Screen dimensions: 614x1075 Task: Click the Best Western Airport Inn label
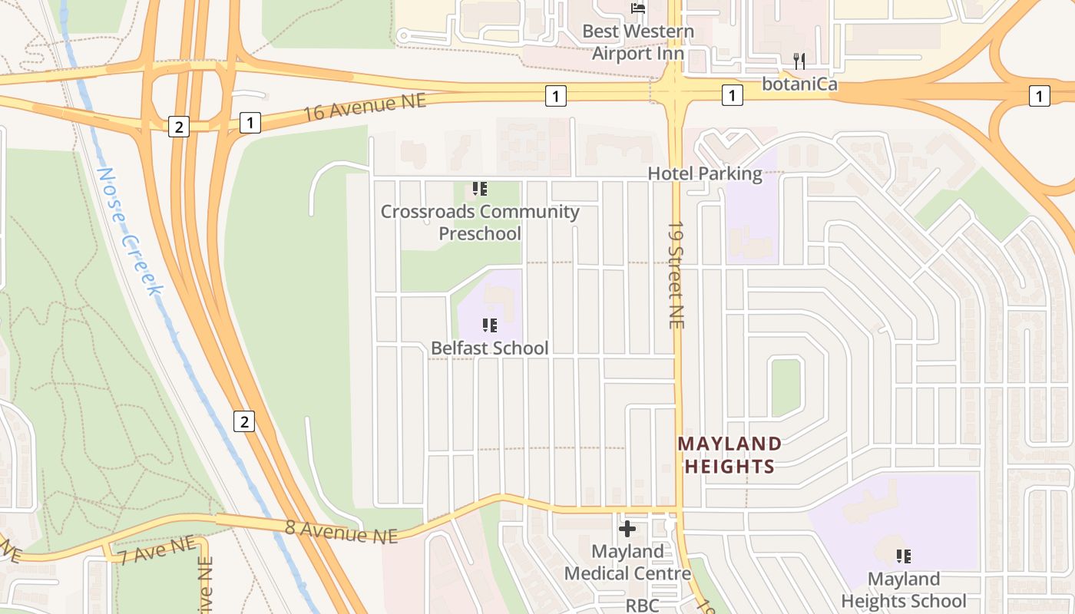(637, 42)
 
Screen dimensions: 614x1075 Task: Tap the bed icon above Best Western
(637, 8)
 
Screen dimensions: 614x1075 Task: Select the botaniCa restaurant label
(799, 84)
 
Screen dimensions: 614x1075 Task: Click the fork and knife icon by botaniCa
(799, 61)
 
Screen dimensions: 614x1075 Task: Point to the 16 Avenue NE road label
(365, 107)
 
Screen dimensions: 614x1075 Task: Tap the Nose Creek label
(131, 230)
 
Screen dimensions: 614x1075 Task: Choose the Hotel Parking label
(705, 173)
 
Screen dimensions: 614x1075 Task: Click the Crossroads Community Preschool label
(480, 222)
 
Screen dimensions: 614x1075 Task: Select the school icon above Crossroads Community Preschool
(480, 189)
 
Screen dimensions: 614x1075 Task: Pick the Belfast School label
(489, 348)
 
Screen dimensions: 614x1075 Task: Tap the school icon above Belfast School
(489, 325)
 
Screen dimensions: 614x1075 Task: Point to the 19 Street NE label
(676, 275)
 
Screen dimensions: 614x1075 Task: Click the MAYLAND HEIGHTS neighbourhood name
(729, 454)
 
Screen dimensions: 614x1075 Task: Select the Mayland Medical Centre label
(627, 563)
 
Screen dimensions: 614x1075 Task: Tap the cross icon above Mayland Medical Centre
(627, 529)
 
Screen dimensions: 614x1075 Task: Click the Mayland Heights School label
(904, 589)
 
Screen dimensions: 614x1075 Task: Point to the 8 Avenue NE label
(342, 531)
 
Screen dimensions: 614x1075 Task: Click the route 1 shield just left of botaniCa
(732, 95)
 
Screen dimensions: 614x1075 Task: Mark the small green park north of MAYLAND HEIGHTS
(786, 388)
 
